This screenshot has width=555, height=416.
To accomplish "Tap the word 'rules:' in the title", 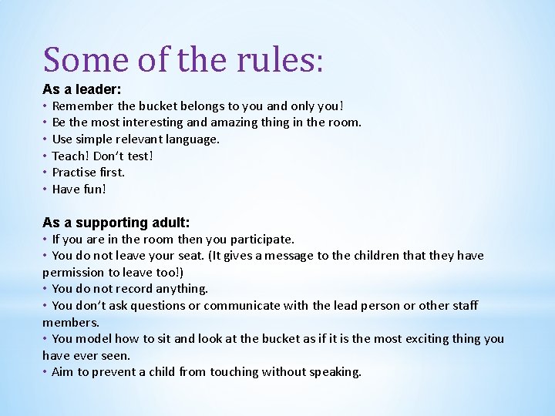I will point(281,59).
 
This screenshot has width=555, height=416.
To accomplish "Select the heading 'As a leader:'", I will point(82,89).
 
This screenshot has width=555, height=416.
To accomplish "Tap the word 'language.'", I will point(192,139).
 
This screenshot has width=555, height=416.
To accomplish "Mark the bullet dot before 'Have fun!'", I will point(46,189).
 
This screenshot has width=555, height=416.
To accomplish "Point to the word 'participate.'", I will point(258,240).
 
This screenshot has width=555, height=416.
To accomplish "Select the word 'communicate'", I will point(243,306).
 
